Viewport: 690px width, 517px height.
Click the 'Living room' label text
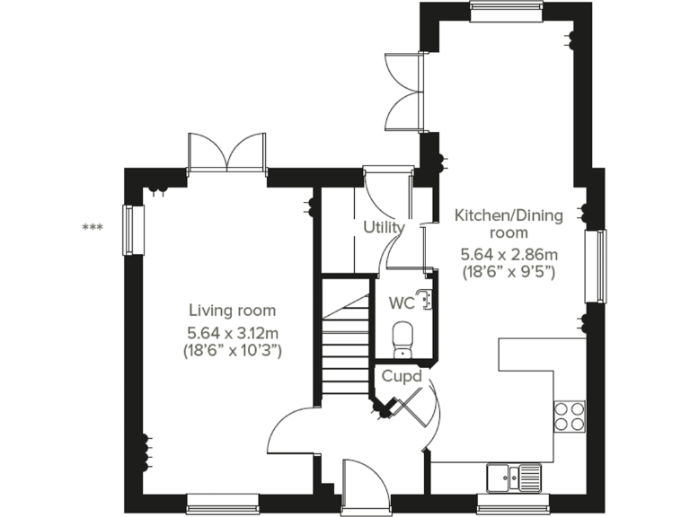pos(232,311)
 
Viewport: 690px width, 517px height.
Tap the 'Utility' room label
pos(384,227)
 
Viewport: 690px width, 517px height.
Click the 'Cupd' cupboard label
pos(401,375)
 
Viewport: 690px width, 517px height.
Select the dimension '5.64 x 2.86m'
pos(509,253)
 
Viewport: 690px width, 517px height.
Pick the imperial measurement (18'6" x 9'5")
pos(509,271)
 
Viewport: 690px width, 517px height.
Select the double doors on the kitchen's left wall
pos(402,93)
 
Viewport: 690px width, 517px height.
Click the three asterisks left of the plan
pos(92,228)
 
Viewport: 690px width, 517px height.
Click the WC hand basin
pos(425,298)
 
